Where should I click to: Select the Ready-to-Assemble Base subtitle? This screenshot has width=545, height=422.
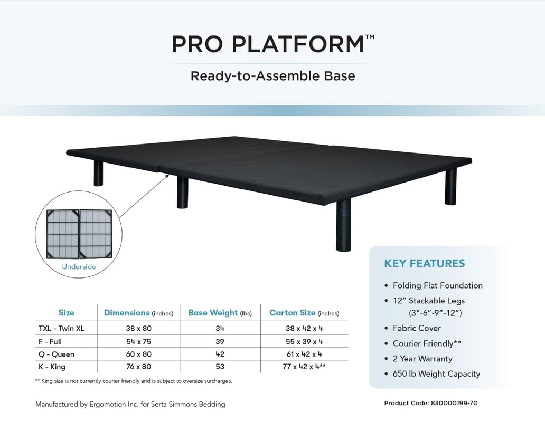coord(272,76)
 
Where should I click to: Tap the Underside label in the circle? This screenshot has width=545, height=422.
coord(79,267)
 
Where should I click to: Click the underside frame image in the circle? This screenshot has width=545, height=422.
coord(79,234)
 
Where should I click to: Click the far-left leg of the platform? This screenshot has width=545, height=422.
coord(99,173)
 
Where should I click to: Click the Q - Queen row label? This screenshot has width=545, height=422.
coord(55,354)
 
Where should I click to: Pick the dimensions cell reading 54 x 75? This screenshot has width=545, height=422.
coord(138,341)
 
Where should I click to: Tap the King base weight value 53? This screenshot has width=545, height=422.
coord(220,367)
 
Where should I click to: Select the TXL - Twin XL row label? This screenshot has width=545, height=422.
coord(61,328)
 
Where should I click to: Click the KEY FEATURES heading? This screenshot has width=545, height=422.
coord(425,263)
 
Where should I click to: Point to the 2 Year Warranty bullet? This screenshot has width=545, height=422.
coord(422,359)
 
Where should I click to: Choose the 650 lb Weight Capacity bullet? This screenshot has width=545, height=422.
coord(436,374)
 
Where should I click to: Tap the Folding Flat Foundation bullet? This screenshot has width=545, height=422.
coord(437,285)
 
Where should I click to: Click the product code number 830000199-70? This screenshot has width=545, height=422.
coord(453,403)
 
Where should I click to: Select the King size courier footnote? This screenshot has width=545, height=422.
coord(134,381)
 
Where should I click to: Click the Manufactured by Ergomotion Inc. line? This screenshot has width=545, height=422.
coord(130,405)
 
